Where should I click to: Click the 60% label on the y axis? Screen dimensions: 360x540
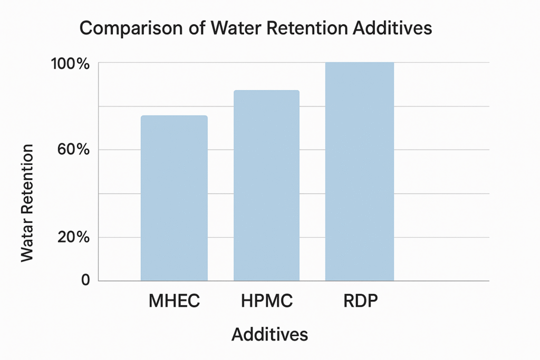coord(73,150)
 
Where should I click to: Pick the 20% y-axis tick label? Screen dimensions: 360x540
coord(73,237)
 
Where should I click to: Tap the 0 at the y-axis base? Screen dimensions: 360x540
coord(85,280)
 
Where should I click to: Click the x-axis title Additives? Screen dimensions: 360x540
coord(269,334)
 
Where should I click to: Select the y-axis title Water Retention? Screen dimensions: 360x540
coord(27,202)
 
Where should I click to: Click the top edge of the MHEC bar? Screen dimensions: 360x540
coord(174,116)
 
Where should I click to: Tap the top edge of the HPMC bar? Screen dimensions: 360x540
coord(266,91)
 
